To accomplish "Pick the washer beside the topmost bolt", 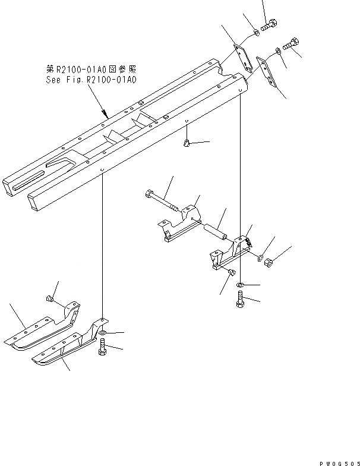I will click(x=254, y=32).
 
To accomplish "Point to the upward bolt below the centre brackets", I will click(x=239, y=300).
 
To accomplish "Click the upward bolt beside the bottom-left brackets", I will click(x=102, y=347).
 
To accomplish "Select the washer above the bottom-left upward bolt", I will click(x=103, y=332).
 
